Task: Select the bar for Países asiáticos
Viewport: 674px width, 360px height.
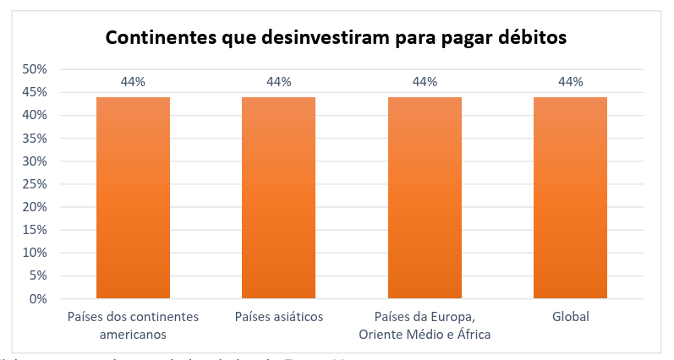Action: point(278,198)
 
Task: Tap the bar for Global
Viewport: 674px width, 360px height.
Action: point(570,198)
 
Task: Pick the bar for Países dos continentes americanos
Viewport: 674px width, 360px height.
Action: point(133,198)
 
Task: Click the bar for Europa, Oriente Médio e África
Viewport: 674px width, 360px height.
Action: point(425,198)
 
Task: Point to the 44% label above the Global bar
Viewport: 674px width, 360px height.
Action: point(570,82)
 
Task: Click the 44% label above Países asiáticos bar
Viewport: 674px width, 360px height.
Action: point(278,82)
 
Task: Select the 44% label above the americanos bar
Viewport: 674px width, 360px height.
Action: point(133,82)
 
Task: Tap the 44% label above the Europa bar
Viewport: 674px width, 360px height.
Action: point(425,82)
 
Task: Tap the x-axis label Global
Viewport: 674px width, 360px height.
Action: point(570,317)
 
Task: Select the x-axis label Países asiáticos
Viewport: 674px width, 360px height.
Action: point(278,317)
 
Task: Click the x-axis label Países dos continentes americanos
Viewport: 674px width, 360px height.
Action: point(133,325)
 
